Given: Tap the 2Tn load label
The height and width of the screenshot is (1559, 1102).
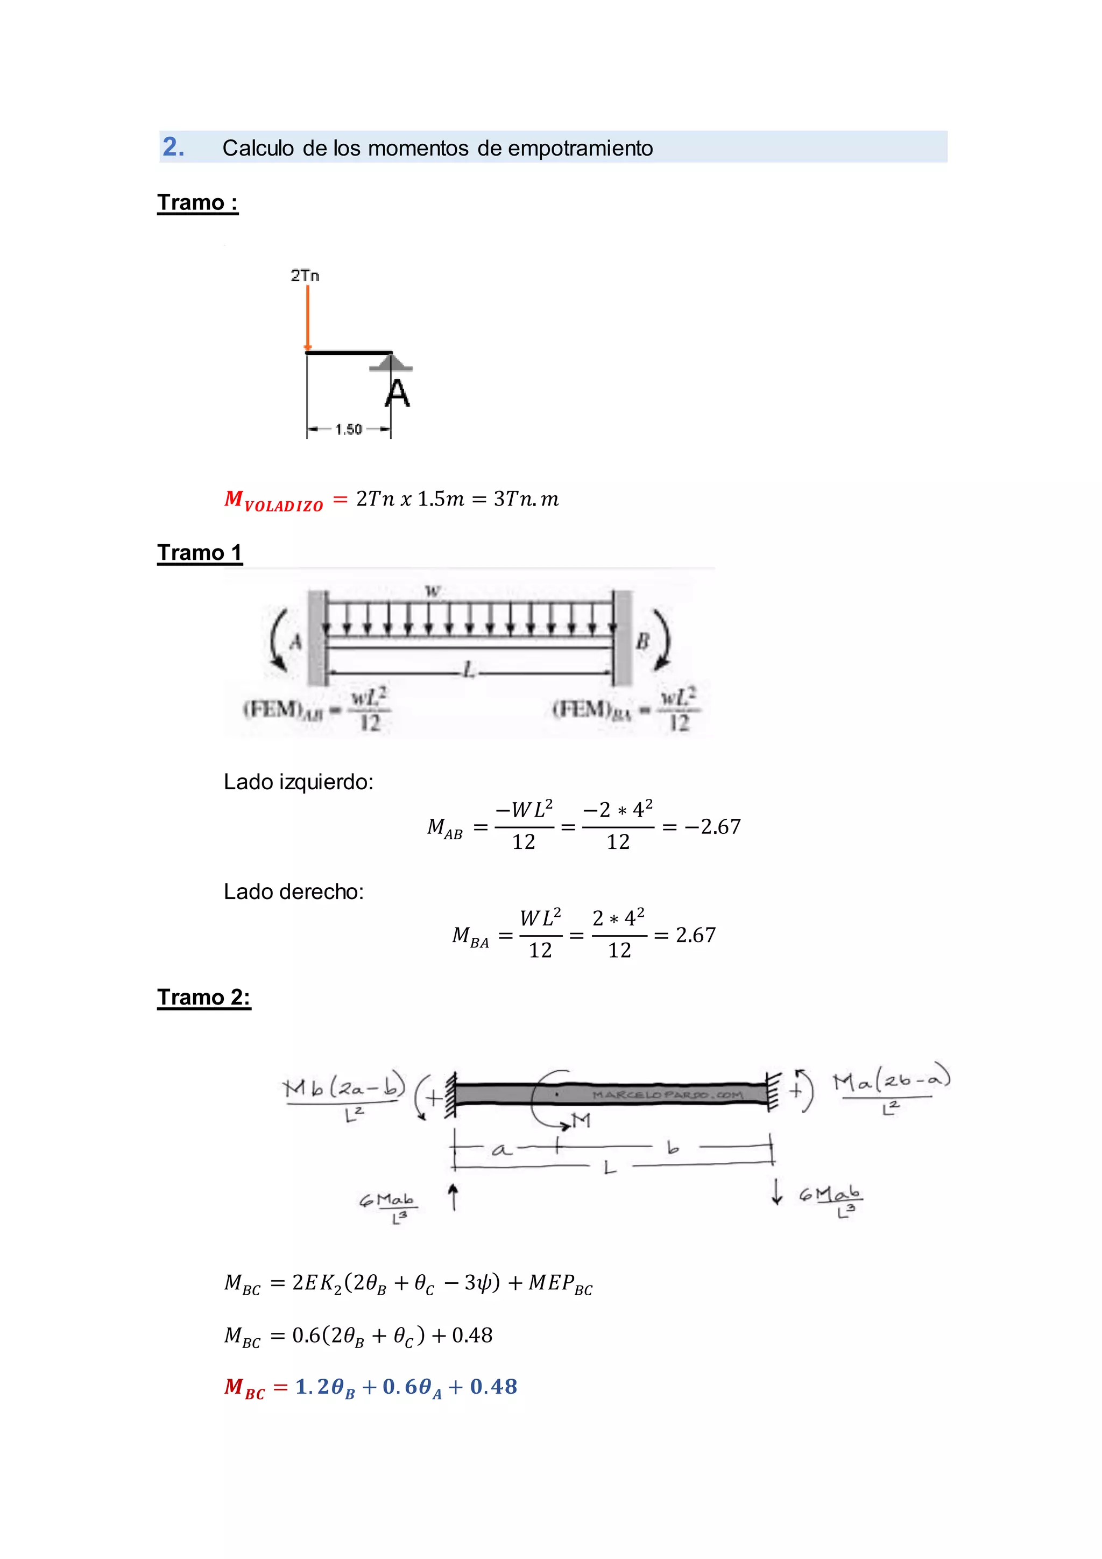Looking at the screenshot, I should [305, 275].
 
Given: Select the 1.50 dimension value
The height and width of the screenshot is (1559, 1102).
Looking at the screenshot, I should [349, 429].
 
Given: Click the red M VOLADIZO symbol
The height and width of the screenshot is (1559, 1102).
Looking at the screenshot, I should [273, 501].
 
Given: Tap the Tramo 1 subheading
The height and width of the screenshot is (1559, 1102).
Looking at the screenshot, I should [200, 553].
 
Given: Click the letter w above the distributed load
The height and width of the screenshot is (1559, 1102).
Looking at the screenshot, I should [432, 591].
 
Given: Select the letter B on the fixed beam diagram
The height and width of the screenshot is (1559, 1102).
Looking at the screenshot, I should [642, 640].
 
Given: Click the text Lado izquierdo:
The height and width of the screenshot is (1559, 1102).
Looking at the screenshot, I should [299, 782].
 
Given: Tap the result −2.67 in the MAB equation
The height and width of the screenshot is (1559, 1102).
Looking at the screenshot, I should [712, 826].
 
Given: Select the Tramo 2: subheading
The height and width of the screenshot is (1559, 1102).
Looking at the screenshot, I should [203, 998].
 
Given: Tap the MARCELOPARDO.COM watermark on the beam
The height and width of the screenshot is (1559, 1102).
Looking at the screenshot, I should [667, 1094].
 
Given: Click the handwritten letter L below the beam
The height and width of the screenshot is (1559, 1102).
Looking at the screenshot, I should [609, 1167].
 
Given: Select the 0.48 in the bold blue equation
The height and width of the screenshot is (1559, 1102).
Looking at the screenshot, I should [493, 1387].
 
